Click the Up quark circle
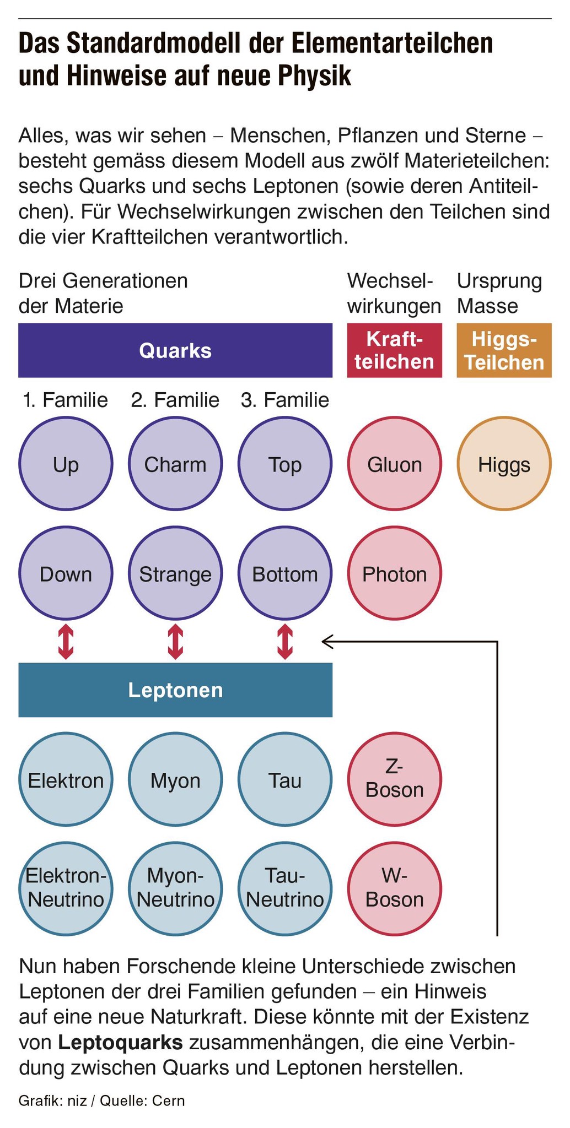(x=66, y=464)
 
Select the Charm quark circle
(x=175, y=464)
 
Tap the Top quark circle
(x=285, y=464)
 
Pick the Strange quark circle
(x=175, y=574)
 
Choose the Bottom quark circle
(x=285, y=574)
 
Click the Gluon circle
(x=395, y=464)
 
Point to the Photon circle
(x=395, y=574)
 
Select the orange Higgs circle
(x=504, y=464)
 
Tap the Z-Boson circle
(x=395, y=779)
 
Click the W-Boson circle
(x=395, y=889)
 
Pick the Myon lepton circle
(x=175, y=779)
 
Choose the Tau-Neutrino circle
(x=285, y=889)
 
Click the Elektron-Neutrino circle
(x=66, y=889)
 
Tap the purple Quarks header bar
(x=175, y=350)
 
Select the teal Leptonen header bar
(x=175, y=690)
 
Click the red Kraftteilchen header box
(x=395, y=350)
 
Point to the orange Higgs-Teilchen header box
(x=504, y=350)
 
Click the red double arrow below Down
(x=66, y=641)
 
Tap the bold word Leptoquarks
(x=120, y=1042)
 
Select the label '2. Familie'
(x=175, y=400)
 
